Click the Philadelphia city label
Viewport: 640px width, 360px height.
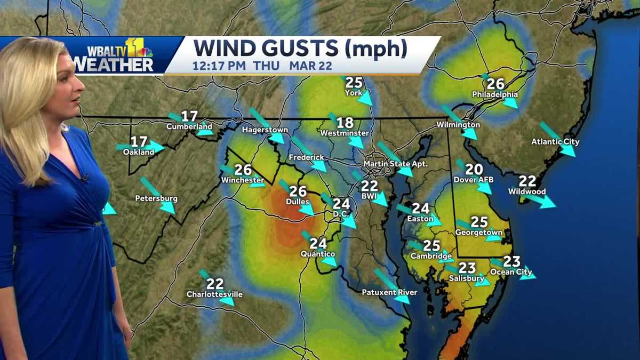[x=495, y=95]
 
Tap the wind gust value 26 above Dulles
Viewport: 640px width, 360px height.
[x=298, y=191]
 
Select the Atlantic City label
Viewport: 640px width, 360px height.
[x=555, y=142]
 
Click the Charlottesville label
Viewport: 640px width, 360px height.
[x=214, y=294]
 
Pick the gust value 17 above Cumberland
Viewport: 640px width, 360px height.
[x=189, y=116]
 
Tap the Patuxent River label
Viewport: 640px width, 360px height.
[x=389, y=292]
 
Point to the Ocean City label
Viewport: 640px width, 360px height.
[x=511, y=272]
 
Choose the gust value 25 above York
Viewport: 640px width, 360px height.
[x=354, y=83]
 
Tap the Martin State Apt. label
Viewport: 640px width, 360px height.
[x=395, y=164]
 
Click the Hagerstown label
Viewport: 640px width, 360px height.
[x=265, y=130]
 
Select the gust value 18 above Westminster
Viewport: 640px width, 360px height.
[x=345, y=123]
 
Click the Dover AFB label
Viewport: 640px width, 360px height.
[x=474, y=180]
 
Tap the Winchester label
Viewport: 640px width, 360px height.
[x=243, y=180]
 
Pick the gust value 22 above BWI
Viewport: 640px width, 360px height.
[x=369, y=186]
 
